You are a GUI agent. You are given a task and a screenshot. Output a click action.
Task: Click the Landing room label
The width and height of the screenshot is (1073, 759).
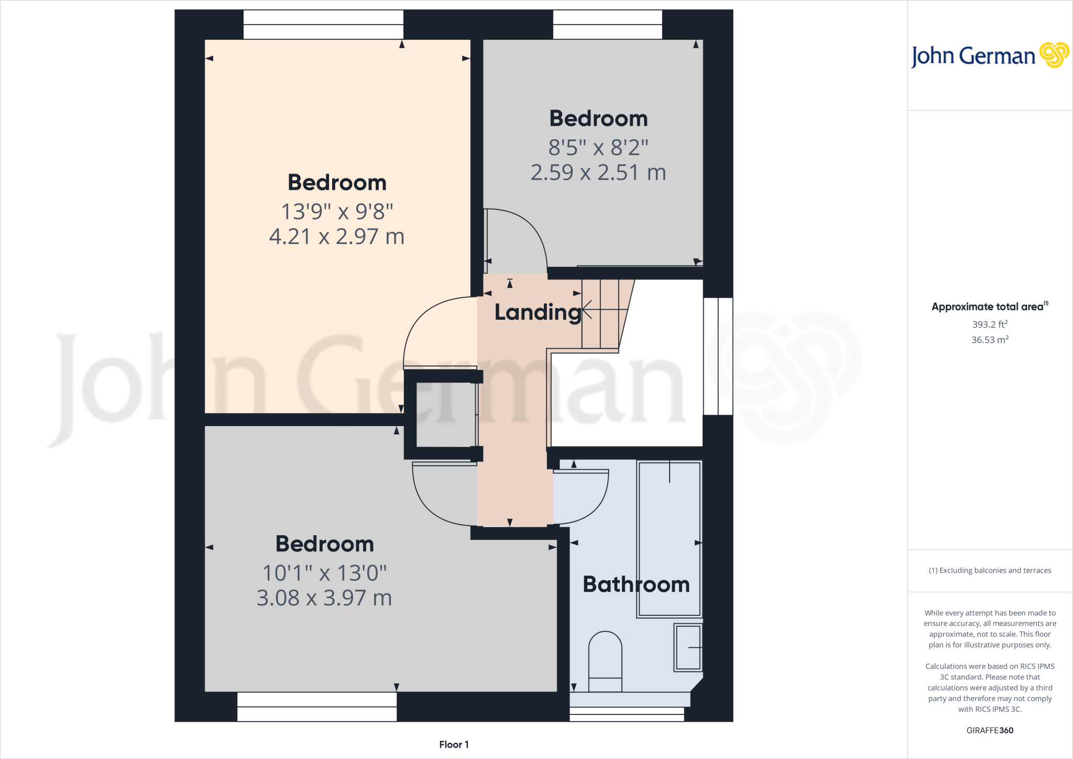tap(538, 312)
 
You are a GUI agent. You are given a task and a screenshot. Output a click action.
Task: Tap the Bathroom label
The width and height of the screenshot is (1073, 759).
tap(636, 584)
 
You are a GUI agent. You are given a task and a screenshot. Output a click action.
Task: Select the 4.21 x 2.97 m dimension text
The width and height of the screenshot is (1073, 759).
tap(337, 237)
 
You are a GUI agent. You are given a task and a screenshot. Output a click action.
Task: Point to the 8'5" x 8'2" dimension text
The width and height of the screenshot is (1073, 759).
tap(598, 148)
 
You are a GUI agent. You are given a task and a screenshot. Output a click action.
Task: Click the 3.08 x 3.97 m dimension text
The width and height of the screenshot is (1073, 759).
tap(324, 598)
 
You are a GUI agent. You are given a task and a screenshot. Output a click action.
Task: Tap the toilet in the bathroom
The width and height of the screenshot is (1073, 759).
tap(605, 660)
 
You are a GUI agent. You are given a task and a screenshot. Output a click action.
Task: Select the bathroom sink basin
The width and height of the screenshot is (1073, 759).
tap(688, 648)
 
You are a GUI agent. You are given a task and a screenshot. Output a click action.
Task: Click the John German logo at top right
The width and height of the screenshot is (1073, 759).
tap(990, 56)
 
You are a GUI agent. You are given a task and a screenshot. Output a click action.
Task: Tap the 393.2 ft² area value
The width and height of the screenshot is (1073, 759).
tap(990, 324)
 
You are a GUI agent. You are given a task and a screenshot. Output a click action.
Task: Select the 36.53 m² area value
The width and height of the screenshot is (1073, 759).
tap(990, 340)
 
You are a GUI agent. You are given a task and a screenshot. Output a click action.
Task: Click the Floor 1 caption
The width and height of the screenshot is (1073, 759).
tap(454, 745)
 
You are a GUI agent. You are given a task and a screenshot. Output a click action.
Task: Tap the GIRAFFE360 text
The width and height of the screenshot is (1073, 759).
tap(990, 730)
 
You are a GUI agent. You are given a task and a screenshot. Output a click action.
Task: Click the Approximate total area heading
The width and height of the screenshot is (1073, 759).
tap(990, 307)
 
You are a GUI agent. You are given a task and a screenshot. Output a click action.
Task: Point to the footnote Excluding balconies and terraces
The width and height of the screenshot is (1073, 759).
tap(990, 570)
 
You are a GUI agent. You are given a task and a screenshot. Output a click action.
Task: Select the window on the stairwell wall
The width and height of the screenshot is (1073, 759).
tap(718, 356)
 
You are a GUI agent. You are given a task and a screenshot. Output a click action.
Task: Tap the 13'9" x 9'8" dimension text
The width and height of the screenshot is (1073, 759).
tap(337, 212)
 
